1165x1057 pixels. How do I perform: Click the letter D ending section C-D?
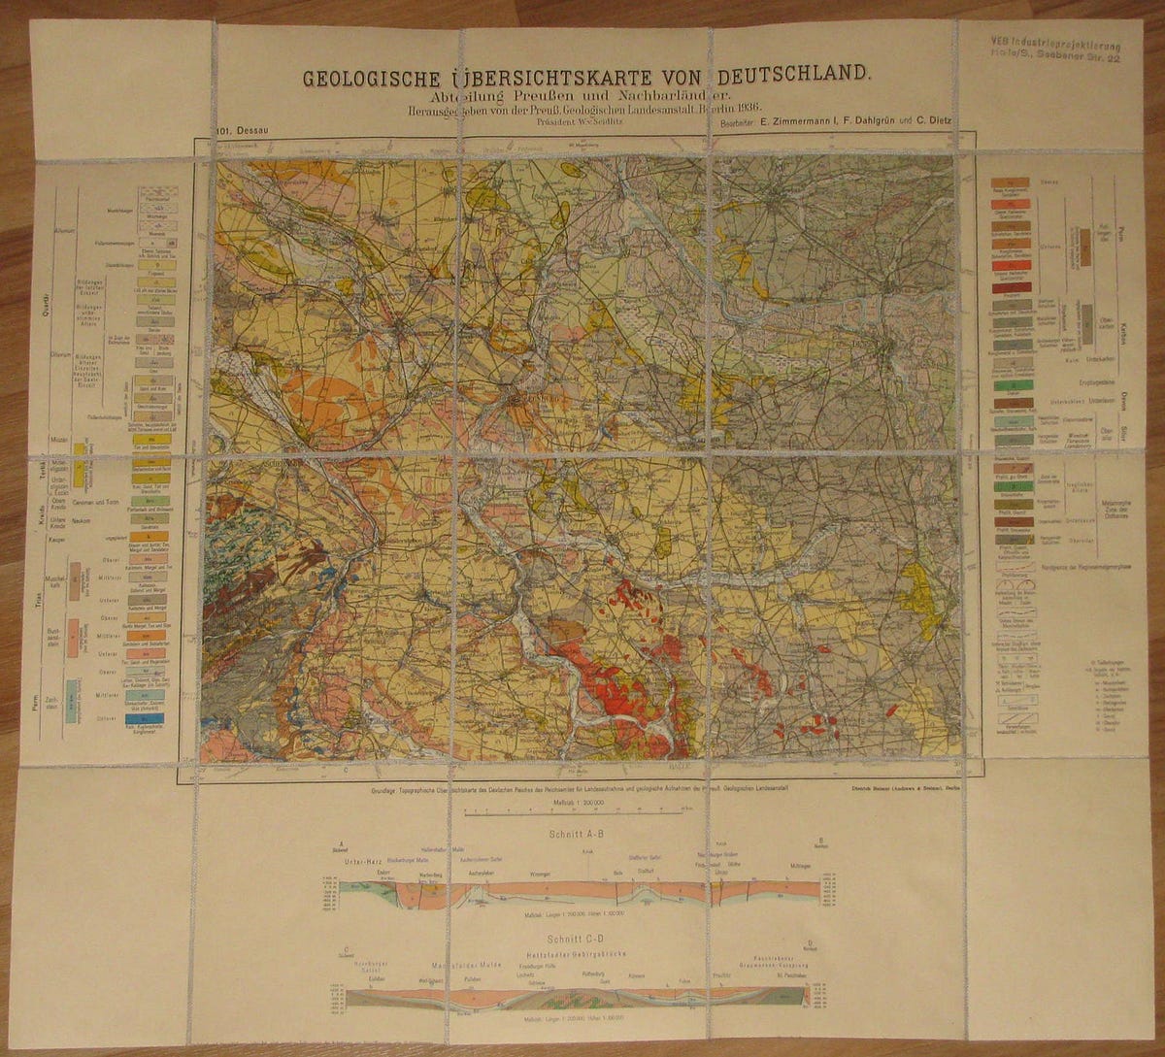809,942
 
